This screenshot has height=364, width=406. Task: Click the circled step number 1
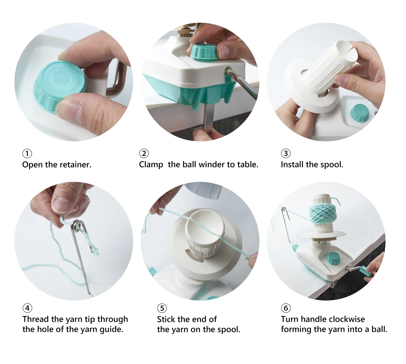pos(27,153)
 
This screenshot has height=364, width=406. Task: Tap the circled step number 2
pos(144,153)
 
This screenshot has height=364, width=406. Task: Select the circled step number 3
pos(286,153)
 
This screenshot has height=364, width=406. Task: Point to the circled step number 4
pos(27,308)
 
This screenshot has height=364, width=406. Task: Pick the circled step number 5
pos(162,308)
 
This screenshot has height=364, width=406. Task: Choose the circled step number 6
pos(286,308)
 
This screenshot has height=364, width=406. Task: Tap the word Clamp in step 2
pos(151,165)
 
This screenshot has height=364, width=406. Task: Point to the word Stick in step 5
pos(166,319)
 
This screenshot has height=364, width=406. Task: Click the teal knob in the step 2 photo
pos(204,51)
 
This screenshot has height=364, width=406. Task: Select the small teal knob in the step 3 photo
pos(359,113)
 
